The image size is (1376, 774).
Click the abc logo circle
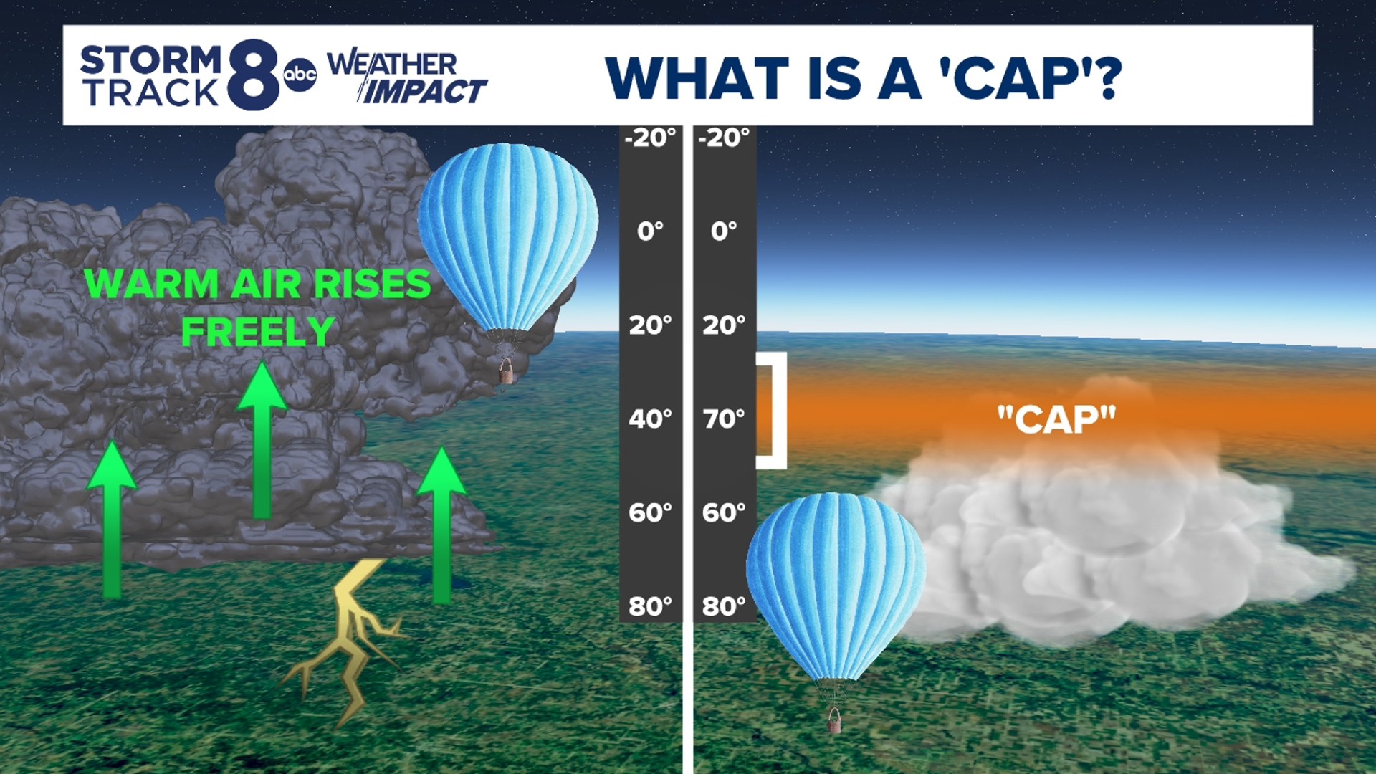300,75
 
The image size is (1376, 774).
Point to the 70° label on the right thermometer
724,419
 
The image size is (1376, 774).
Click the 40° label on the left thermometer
650,419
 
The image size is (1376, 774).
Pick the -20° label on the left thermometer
650,137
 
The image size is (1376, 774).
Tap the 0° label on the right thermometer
724,231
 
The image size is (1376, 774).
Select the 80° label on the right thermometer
724,606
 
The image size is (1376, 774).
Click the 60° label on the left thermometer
650,512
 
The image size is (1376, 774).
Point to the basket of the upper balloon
506,371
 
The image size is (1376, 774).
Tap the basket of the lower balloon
833,720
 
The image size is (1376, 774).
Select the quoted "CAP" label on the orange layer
1056,420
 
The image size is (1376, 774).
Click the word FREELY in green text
258,331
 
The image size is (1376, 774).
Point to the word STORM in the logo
151,59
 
